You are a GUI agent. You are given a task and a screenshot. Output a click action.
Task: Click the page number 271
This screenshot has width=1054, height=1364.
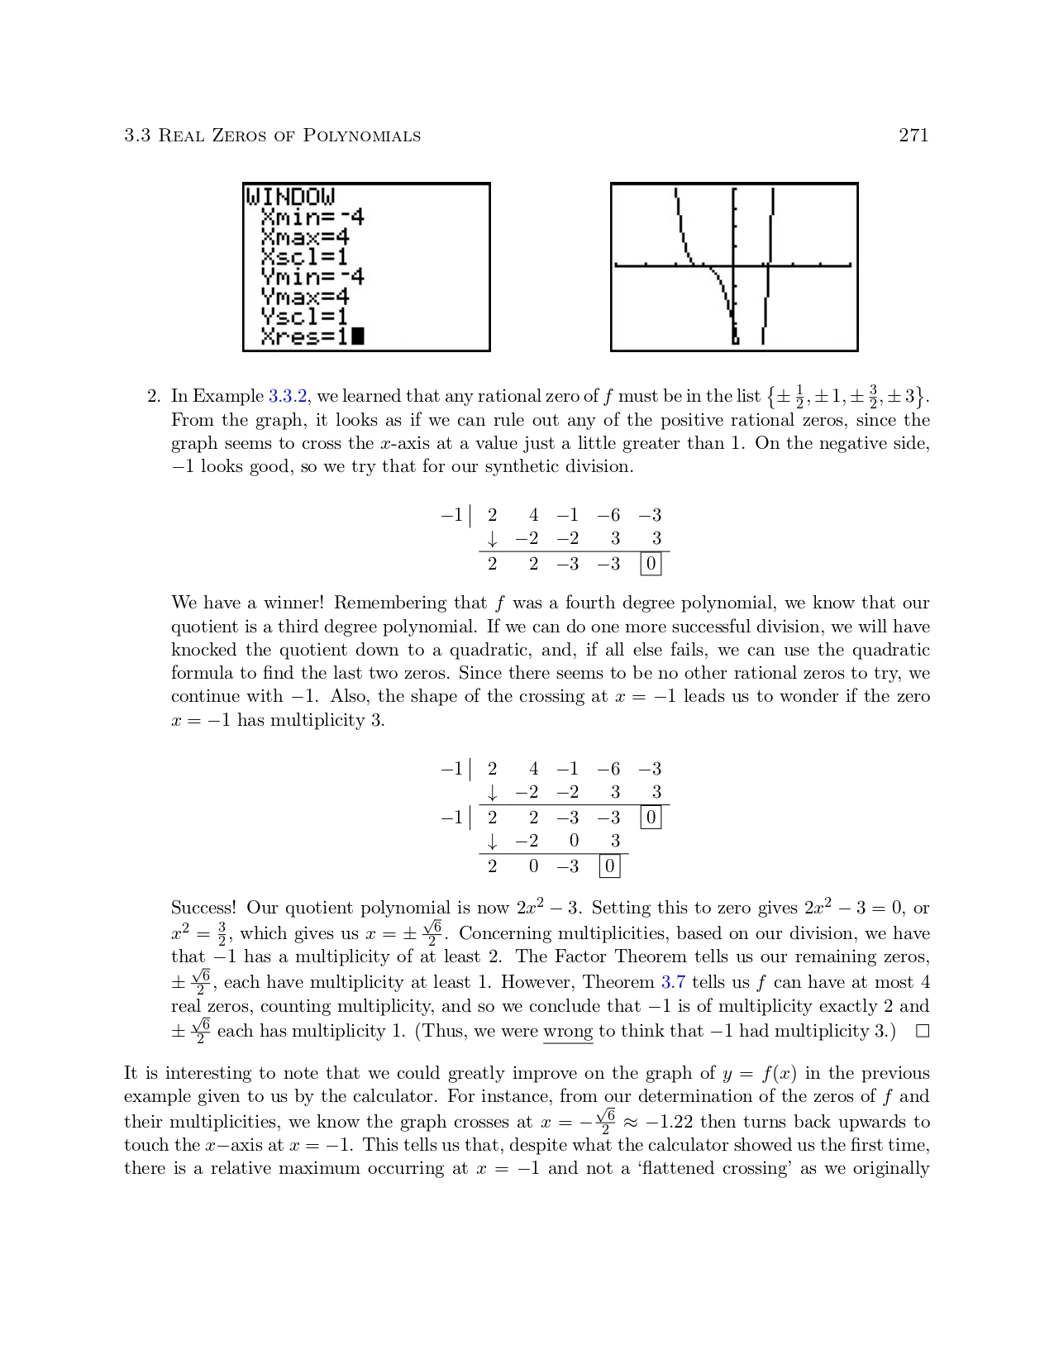click(x=913, y=136)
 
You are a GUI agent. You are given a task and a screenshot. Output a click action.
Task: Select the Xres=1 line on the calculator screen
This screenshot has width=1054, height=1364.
click(x=303, y=336)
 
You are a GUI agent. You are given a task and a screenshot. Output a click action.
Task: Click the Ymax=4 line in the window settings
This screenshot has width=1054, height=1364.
click(x=305, y=296)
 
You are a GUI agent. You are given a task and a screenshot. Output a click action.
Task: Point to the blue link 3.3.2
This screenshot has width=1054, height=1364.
click(x=288, y=397)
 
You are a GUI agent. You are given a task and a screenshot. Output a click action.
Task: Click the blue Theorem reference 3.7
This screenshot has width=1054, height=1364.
click(x=673, y=983)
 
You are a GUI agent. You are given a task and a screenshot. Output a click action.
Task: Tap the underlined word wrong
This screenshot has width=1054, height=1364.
click(x=568, y=1032)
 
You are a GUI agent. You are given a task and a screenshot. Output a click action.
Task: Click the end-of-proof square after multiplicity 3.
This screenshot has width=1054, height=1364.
click(x=922, y=1032)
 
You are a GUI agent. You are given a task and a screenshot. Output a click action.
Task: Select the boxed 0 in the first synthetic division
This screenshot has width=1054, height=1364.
click(x=651, y=565)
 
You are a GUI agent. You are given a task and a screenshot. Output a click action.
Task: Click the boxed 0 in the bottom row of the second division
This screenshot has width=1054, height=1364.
click(x=609, y=866)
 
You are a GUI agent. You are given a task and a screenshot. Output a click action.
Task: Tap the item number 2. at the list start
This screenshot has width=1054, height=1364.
click(x=154, y=397)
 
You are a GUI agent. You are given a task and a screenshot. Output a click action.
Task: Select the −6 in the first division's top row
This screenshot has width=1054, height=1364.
click(x=609, y=516)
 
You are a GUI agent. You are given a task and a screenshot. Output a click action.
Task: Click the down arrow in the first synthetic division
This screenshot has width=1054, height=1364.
click(x=493, y=540)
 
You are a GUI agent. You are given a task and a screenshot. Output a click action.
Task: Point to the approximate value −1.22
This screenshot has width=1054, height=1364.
click(x=669, y=1123)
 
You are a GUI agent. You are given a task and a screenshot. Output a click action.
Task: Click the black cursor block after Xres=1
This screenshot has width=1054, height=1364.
click(x=357, y=336)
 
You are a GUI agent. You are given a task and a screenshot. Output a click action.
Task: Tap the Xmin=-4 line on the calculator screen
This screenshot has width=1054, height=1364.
click(x=312, y=217)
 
